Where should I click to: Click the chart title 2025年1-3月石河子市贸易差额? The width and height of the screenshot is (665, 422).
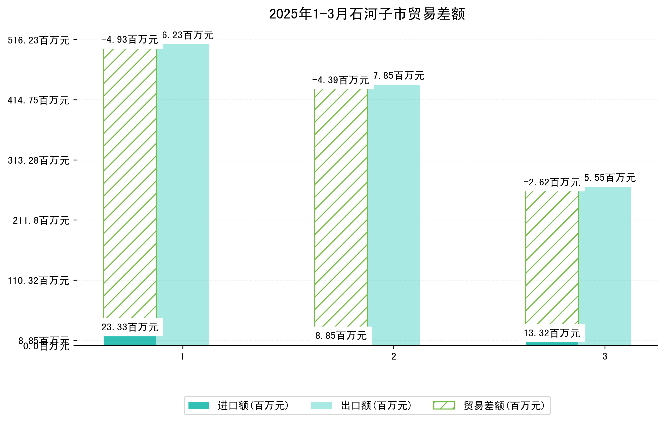pyautogui.click(x=367, y=14)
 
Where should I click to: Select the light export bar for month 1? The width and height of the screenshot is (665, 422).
pyautogui.click(x=183, y=193)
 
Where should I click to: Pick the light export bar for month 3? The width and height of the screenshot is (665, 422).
pyautogui.click(x=605, y=265)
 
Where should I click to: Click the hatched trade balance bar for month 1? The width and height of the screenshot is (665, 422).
pyautogui.click(x=130, y=182)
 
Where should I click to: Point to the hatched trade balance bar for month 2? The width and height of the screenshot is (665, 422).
pyautogui.click(x=341, y=207)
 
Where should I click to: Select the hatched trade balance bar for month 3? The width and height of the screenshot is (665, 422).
pyautogui.click(x=552, y=257)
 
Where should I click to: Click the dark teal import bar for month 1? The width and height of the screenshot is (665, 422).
pyautogui.click(x=130, y=341)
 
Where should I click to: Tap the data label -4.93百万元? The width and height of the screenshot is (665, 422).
pyautogui.click(x=130, y=40)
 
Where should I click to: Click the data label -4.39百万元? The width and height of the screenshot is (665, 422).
pyautogui.click(x=341, y=80)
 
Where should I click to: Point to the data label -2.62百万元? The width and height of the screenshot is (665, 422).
pyautogui.click(x=552, y=182)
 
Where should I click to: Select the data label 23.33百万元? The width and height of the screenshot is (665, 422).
pyautogui.click(x=130, y=327)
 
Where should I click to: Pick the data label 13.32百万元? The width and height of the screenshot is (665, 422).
pyautogui.click(x=552, y=333)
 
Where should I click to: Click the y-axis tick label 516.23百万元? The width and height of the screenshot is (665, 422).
pyautogui.click(x=38, y=40)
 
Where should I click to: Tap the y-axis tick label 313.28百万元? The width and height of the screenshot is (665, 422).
pyautogui.click(x=38, y=161)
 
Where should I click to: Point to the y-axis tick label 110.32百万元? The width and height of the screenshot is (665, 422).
pyautogui.click(x=38, y=281)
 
